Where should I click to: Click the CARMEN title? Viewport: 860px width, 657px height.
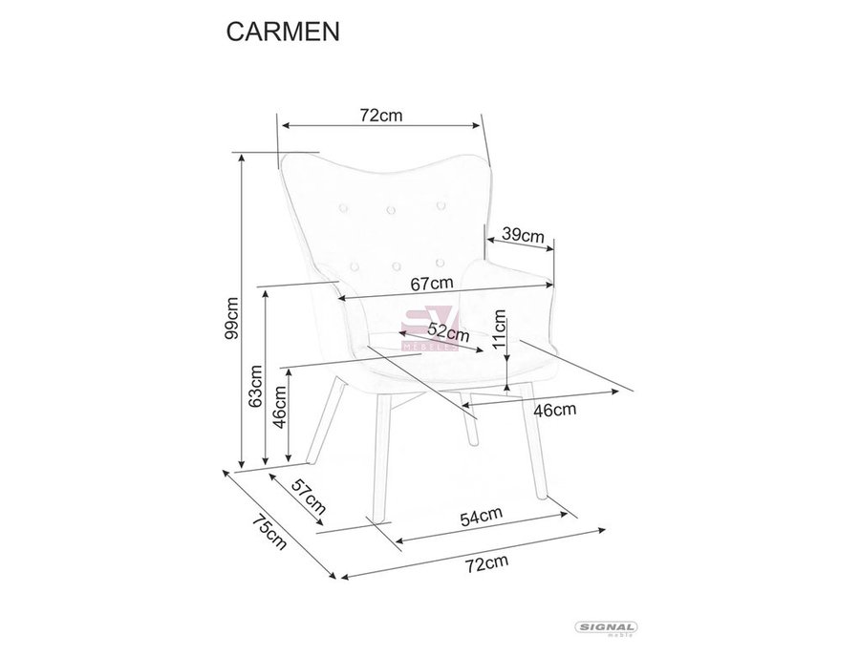(x=283, y=32)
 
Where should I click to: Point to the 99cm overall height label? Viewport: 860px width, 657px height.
(x=232, y=318)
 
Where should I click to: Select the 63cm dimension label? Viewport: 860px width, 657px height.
(x=254, y=386)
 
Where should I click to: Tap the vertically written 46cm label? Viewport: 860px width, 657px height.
(x=280, y=407)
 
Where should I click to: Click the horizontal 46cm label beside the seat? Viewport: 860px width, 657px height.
(x=555, y=410)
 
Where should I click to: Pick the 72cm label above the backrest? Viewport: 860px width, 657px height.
(x=381, y=116)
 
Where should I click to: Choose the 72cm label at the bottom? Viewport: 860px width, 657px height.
(x=486, y=562)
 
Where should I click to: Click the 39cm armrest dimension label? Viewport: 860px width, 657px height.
(x=524, y=236)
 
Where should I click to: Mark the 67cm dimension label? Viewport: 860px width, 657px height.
(x=432, y=284)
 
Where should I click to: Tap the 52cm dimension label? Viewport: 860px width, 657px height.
(x=449, y=332)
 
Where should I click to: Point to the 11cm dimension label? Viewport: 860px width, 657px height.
(x=500, y=328)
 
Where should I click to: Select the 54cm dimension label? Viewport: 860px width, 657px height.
(x=481, y=517)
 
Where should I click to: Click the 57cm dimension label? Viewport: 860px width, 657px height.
(x=309, y=496)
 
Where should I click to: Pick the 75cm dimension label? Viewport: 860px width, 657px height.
(x=269, y=532)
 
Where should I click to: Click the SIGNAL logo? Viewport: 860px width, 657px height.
(x=606, y=628)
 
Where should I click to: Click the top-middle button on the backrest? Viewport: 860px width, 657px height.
(x=391, y=209)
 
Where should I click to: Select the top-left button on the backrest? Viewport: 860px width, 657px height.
(x=343, y=207)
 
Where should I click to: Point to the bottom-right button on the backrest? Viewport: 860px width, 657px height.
(x=440, y=263)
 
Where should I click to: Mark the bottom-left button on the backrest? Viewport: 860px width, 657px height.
(x=355, y=266)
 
